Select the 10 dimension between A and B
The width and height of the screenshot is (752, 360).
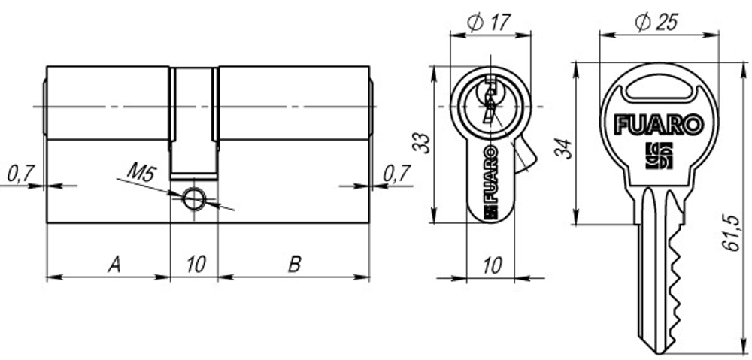pos(195,264)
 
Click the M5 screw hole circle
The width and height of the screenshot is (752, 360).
pos(193,198)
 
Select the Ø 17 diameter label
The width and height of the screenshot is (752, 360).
pos(488,23)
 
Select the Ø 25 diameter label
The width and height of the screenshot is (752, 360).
pos(656,23)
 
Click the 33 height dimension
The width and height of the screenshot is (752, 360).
pos(424,143)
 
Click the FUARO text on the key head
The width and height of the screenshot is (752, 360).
pos(659,123)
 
